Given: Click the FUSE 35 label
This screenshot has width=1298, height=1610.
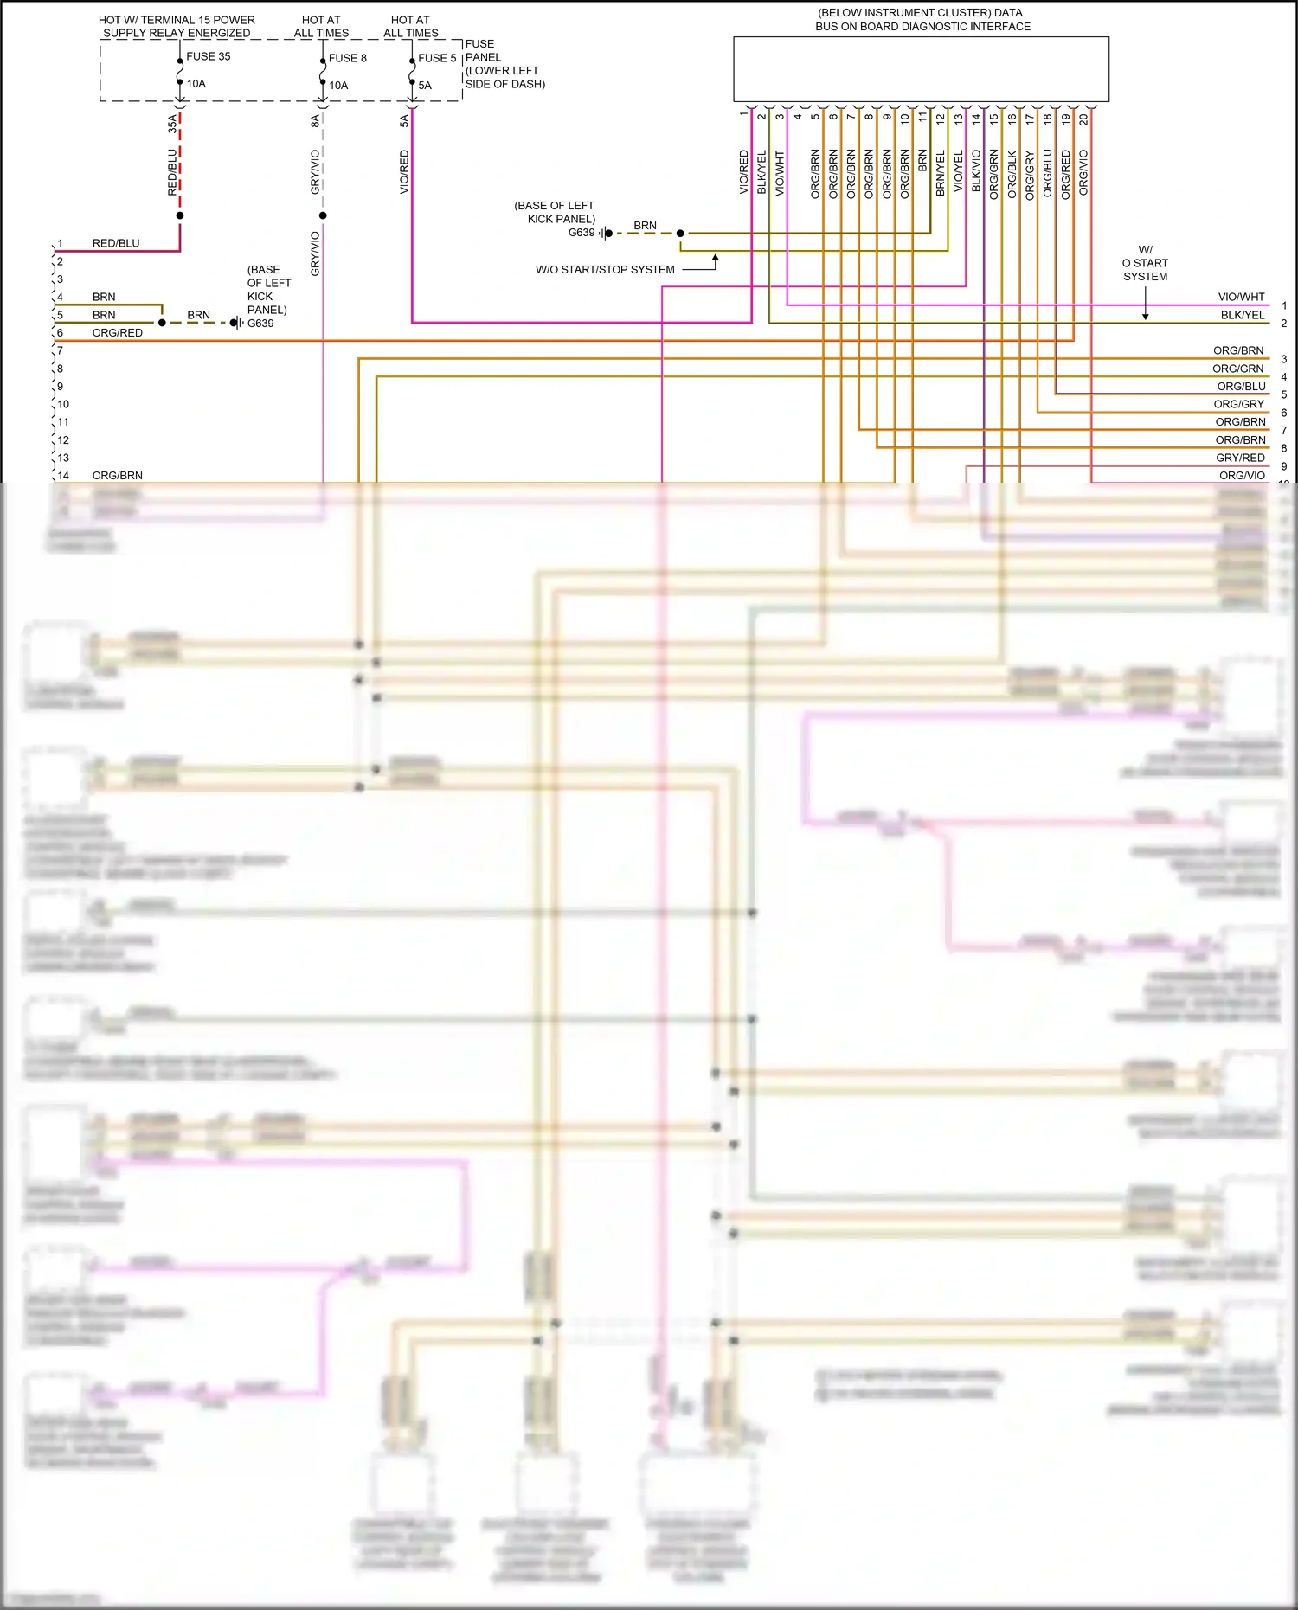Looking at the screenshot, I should point(208,56).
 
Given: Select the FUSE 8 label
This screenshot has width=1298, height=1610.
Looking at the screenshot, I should point(347,58).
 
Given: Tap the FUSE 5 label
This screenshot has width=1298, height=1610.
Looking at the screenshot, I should point(436,58).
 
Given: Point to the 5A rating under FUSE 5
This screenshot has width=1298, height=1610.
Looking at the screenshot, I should point(425,86).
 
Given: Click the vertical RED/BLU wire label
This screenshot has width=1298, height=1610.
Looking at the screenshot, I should point(172,171).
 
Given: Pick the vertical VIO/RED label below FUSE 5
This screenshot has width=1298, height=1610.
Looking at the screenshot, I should point(404,171).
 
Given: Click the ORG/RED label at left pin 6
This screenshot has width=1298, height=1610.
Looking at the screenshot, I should point(117,333).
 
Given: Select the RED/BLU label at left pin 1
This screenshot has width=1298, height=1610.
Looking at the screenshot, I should point(115,244).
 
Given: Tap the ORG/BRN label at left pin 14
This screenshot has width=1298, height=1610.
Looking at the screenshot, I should point(117,476).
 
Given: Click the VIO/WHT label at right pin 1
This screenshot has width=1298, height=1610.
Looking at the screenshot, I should point(1241,297).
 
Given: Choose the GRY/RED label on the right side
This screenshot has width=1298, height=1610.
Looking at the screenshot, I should point(1240,458).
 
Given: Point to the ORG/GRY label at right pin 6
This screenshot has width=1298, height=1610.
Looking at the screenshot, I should point(1238,404).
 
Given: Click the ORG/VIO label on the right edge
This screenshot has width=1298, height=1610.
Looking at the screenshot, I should point(1241,476).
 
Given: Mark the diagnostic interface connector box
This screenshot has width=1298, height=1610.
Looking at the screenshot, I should point(921,69).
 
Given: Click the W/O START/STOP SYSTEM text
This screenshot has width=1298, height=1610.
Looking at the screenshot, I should point(605,270).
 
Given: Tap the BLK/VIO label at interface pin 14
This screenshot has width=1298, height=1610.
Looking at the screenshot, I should point(976,171).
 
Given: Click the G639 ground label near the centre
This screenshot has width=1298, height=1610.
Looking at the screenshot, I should point(582,233).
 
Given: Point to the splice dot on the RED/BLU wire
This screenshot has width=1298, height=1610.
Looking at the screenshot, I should point(180,215).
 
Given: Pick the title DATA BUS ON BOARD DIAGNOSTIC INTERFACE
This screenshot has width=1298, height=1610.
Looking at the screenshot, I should point(922,20).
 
